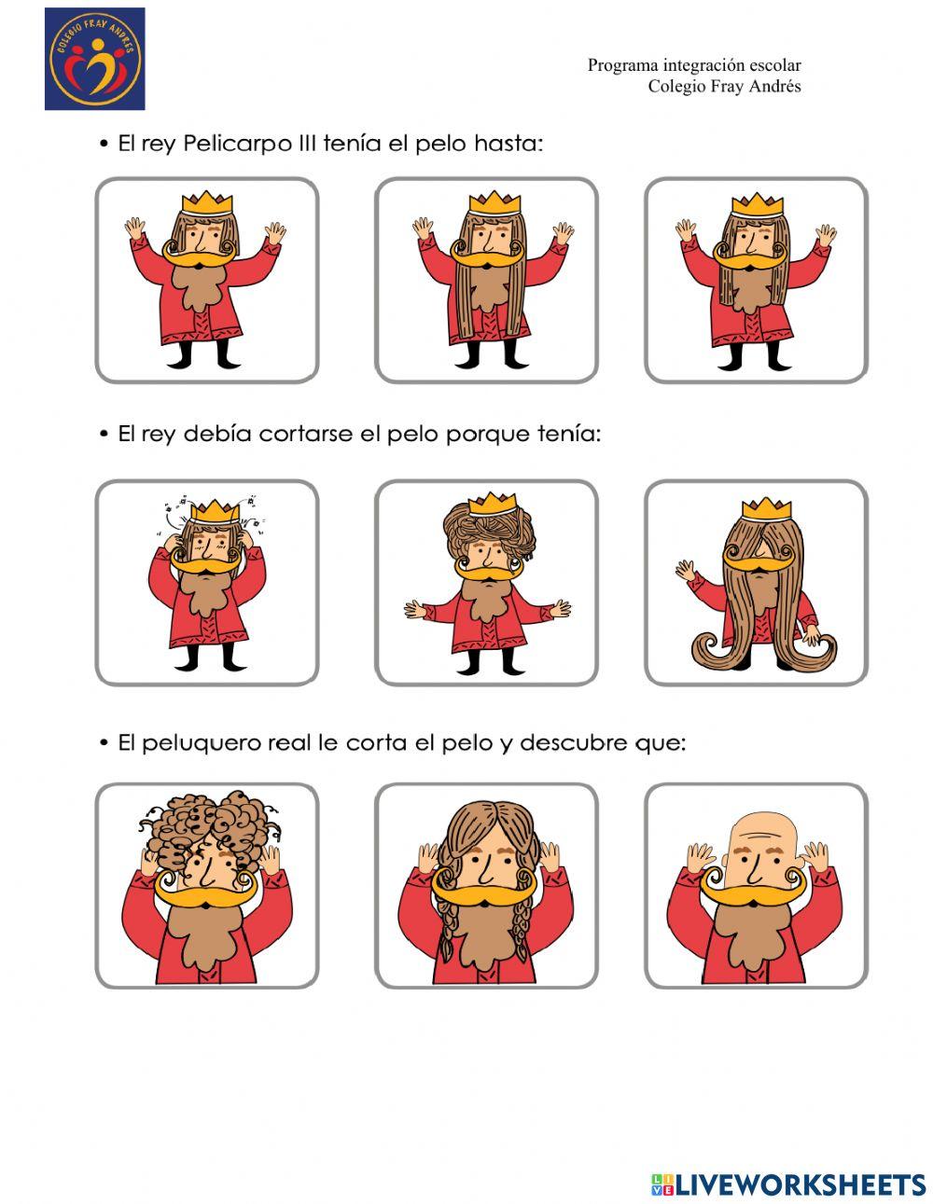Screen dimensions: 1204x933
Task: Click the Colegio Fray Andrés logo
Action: pos(94,59)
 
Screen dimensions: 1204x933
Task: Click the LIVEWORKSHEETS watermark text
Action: pos(800,1184)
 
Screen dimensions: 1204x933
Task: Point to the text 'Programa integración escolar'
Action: pos(693,65)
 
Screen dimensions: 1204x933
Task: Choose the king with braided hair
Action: pos(486,886)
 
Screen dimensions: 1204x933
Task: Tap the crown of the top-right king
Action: pos(756,203)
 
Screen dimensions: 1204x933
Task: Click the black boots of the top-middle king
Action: pos(486,354)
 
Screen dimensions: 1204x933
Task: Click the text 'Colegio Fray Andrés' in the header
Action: pos(724,87)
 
